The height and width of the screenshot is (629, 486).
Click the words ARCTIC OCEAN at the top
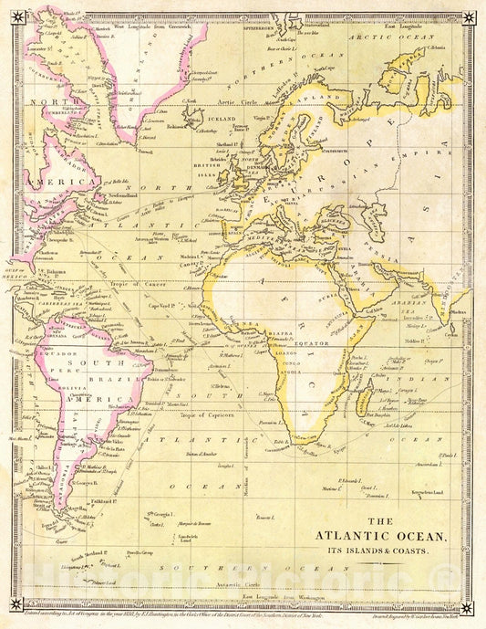click(390, 38)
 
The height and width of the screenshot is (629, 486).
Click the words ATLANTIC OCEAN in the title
click(381, 537)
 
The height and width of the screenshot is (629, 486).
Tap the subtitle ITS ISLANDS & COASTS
click(381, 551)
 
